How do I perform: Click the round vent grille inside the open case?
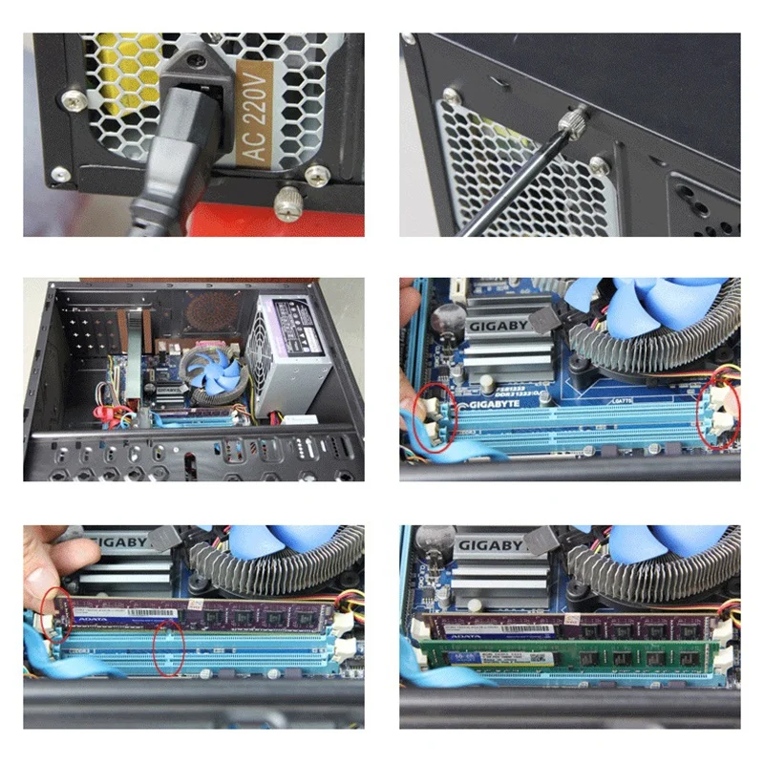click(x=212, y=309)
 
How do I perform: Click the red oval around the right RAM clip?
click(x=718, y=412)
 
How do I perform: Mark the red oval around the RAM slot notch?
click(x=168, y=648)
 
